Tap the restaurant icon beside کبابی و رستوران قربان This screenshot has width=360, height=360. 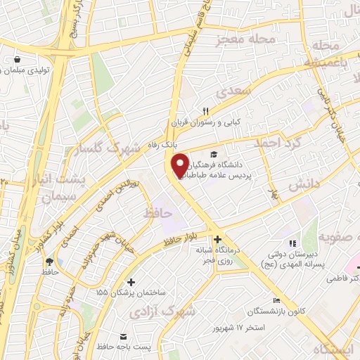(x=206, y=111)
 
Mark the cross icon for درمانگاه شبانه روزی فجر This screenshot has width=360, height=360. (x=217, y=239)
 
